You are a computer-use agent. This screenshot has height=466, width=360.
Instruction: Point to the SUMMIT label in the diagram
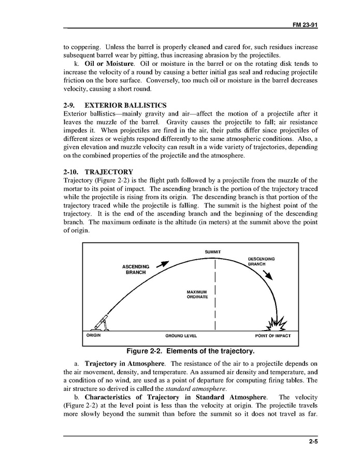click(x=213, y=252)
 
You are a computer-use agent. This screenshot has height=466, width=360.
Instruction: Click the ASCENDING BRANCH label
click(x=136, y=270)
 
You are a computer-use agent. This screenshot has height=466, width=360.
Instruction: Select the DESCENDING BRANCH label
click(x=261, y=261)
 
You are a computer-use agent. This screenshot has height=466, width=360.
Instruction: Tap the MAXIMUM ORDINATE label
click(x=197, y=294)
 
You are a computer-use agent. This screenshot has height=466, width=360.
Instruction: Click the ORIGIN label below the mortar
click(x=93, y=335)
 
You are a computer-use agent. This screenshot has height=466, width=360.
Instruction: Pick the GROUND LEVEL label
click(x=181, y=336)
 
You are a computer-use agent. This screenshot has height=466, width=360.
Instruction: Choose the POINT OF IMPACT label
click(x=273, y=336)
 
